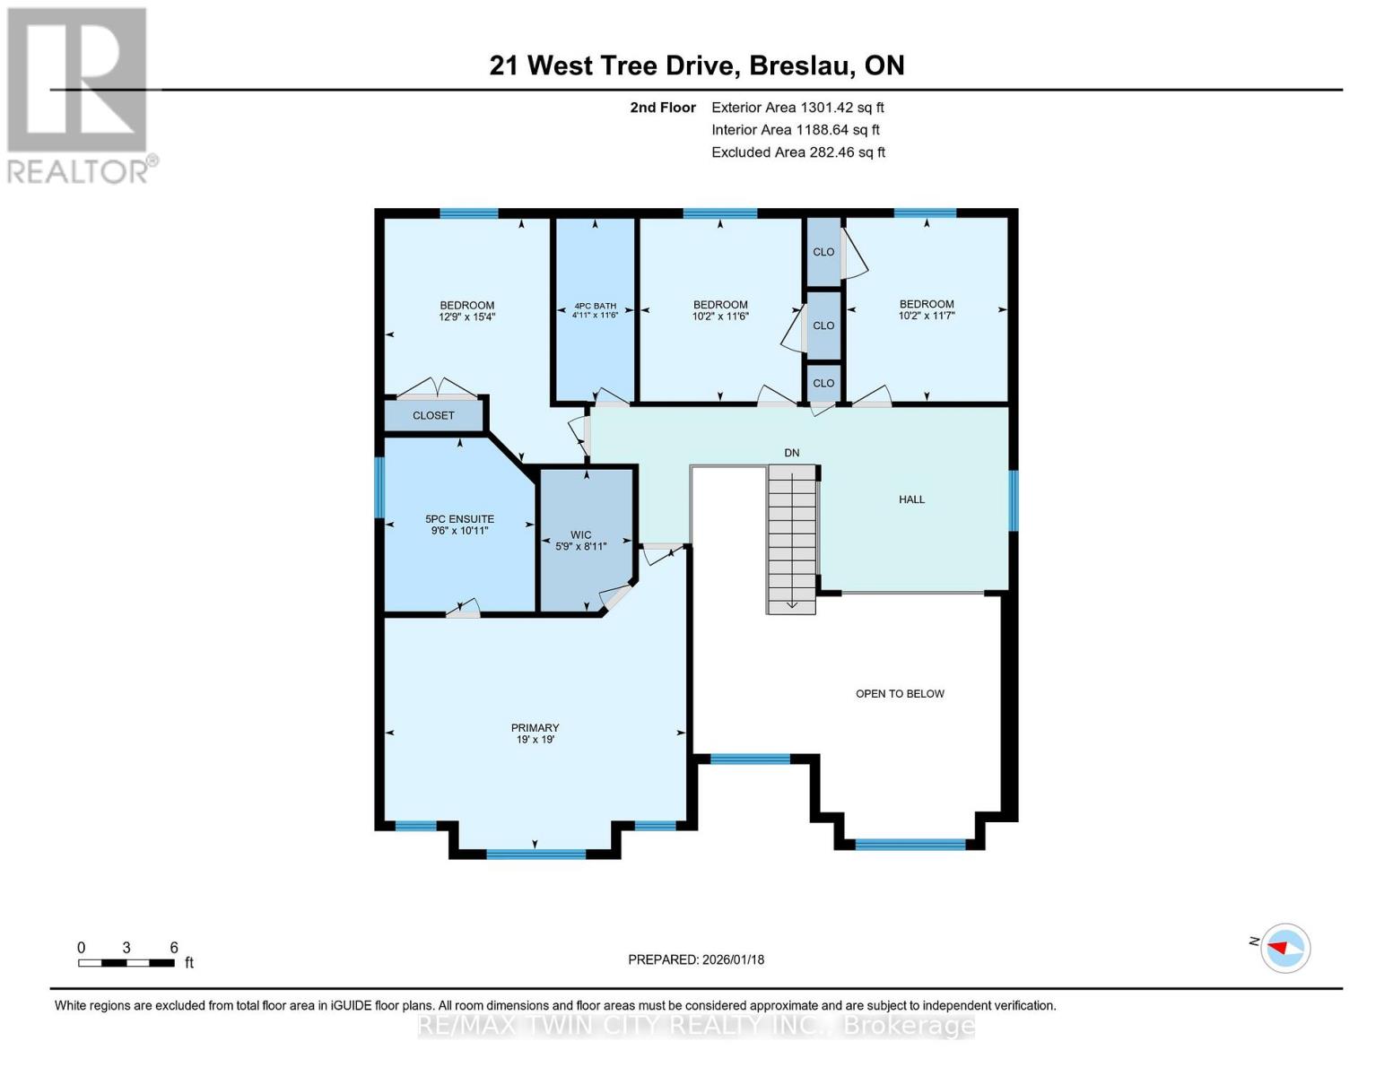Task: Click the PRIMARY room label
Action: [535, 727]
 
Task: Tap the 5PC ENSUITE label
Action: [459, 518]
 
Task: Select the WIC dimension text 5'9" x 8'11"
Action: [581, 546]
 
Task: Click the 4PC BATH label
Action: [595, 306]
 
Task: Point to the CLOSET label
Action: [433, 415]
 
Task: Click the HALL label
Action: [911, 499]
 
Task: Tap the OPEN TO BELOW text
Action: [900, 693]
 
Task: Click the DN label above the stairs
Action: [791, 453]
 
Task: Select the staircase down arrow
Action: [792, 603]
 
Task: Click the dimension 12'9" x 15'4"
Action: [466, 317]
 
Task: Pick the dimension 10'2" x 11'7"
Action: [927, 316]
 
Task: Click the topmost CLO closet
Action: [823, 252]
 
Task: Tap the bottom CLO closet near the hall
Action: [823, 383]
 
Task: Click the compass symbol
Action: [1284, 948]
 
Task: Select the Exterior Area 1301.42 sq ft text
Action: [797, 108]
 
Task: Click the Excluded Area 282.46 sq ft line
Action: [798, 152]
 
